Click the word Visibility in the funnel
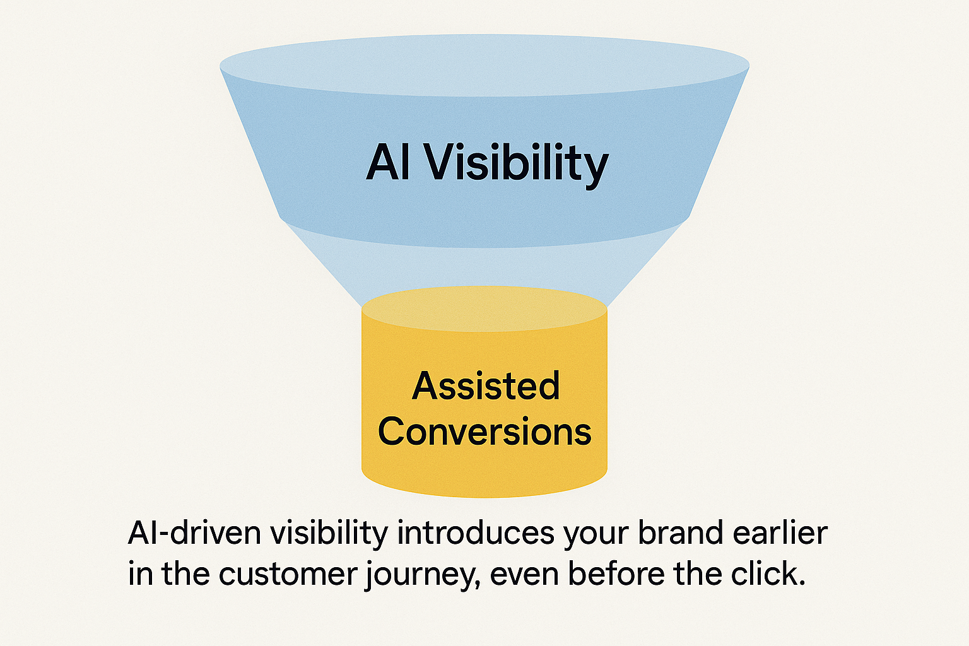click(x=516, y=163)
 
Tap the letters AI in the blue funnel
click(x=388, y=163)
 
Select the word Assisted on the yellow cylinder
click(x=486, y=385)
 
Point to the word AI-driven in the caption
click(x=194, y=533)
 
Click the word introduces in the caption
click(x=476, y=533)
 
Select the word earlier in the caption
click(x=780, y=533)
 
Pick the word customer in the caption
click(x=288, y=574)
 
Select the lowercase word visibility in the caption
click(x=329, y=533)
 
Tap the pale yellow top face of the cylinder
click(x=484, y=308)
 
